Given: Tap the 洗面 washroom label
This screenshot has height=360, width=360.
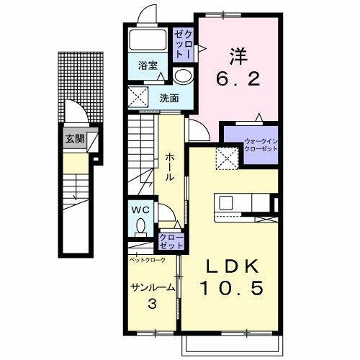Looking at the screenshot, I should (169, 98).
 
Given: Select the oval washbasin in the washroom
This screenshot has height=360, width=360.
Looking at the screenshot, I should (183, 77).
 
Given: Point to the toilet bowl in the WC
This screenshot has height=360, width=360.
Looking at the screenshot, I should (140, 228).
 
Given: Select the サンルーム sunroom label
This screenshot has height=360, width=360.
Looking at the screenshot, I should (152, 288).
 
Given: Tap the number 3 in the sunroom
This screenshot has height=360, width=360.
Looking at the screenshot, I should (152, 303).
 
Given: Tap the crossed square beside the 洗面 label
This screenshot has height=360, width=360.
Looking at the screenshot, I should (140, 96).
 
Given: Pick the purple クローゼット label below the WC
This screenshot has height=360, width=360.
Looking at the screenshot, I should (171, 241).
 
